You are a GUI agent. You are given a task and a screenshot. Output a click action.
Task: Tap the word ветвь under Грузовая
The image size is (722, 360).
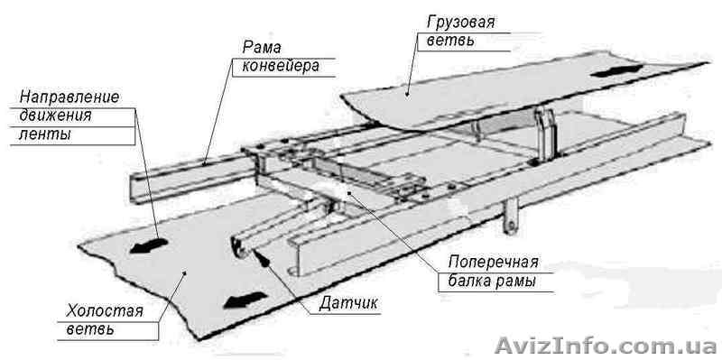click(x=449, y=42)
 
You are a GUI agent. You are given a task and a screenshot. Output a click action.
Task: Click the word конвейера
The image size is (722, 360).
click(x=280, y=66)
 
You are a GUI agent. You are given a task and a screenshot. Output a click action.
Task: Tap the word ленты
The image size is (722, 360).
click(x=42, y=134)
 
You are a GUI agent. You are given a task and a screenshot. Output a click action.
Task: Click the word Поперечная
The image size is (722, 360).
click(x=494, y=263)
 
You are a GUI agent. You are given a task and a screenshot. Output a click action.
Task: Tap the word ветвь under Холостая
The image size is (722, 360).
click(x=89, y=330)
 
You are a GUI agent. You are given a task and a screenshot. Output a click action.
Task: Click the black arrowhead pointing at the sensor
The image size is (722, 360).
click(x=263, y=256)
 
